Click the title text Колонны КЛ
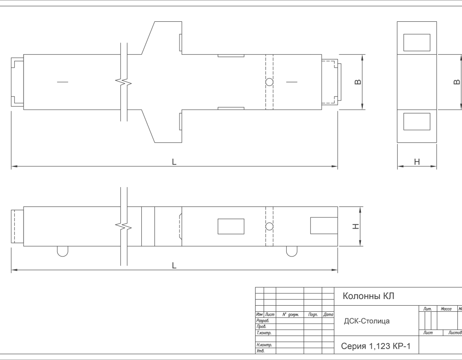[368, 296]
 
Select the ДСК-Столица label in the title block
[367, 321]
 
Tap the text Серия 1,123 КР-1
[376, 346]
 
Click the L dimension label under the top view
[174, 162]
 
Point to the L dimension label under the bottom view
[174, 266]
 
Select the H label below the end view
[417, 162]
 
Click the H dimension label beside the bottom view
[357, 227]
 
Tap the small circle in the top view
[270, 82]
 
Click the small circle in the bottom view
[270, 226]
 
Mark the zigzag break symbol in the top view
[124, 83]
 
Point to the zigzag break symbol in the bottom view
[124, 226]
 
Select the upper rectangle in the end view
[417, 43]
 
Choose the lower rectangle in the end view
[417, 121]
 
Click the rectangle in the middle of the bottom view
[231, 226]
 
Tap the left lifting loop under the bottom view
[62, 251]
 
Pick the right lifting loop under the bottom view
[291, 251]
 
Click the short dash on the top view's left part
[62, 82]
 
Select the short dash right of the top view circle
[292, 82]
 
